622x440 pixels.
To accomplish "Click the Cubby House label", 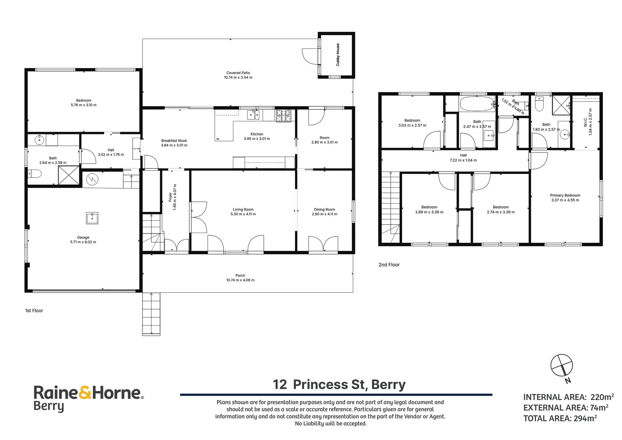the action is (337, 55).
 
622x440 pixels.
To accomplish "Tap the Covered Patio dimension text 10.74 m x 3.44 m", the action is (238, 77).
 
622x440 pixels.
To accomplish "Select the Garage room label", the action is (83, 238).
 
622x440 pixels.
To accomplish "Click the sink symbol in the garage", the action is (92, 218).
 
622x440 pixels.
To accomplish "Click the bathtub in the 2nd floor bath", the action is (477, 104).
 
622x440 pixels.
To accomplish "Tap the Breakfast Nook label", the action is (174, 141).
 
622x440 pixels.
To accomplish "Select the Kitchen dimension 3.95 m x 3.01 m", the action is (257, 139).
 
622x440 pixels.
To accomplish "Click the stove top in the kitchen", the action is (283, 116).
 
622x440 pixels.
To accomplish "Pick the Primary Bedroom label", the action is (565, 196).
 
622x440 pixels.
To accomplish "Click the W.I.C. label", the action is (585, 122).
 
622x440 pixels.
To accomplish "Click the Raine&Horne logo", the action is (89, 398).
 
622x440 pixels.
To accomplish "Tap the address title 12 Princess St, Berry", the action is (339, 385).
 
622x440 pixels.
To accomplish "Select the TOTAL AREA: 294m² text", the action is (560, 418).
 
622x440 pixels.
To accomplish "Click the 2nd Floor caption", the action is (389, 265).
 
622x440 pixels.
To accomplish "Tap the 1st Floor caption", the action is (34, 310).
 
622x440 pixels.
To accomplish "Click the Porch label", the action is (240, 275).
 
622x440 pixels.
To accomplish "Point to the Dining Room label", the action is (324, 209).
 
